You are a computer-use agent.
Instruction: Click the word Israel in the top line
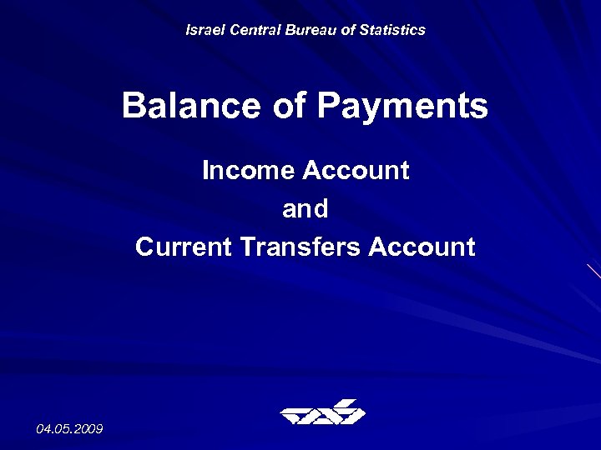click(202, 30)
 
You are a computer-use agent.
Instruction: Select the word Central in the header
click(250, 30)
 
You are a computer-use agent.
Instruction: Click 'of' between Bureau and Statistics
click(346, 30)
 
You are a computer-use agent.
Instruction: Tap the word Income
click(248, 171)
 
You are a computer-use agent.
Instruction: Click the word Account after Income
click(356, 171)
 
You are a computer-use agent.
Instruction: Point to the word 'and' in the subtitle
click(306, 209)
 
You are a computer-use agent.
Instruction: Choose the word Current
click(183, 247)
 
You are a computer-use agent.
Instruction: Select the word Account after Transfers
click(422, 247)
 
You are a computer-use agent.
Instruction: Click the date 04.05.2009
click(69, 428)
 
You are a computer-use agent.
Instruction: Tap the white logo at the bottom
click(322, 412)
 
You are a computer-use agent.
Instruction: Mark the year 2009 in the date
click(88, 428)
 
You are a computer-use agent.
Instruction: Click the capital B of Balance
click(134, 107)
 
